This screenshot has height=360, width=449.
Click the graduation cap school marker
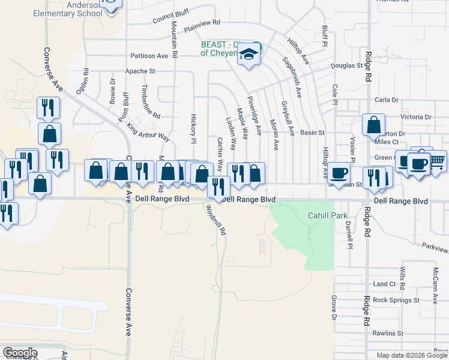pyautogui.click(x=247, y=56)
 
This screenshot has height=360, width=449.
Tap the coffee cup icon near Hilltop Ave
pyautogui.click(x=339, y=172)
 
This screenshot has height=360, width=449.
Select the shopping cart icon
pyautogui.click(x=437, y=160)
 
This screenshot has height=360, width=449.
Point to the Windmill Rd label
pyautogui.click(x=215, y=220)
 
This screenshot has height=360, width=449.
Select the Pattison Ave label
pyautogui.click(x=150, y=56)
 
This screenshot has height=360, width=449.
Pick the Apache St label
pyautogui.click(x=139, y=71)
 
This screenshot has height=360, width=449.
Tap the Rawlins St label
pyautogui.click(x=387, y=332)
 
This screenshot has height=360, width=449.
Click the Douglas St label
pyautogui.click(x=346, y=66)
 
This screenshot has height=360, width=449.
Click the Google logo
pyautogui.click(x=19, y=353)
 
